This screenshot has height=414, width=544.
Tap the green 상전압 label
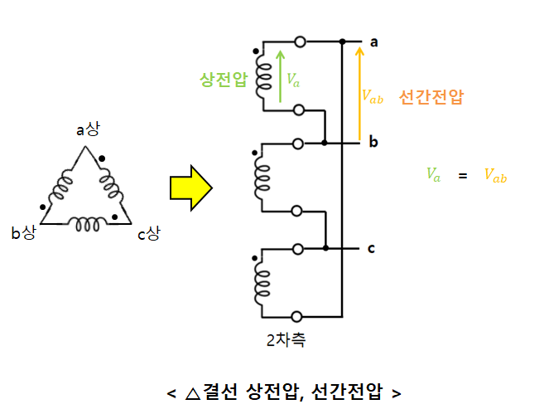(x=223, y=80)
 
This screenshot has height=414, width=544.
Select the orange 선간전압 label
(x=430, y=95)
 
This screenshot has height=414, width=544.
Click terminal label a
(x=374, y=41)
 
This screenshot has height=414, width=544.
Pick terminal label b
(x=373, y=143)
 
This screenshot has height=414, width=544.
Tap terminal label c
(x=373, y=247)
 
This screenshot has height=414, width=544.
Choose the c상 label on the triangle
(x=149, y=234)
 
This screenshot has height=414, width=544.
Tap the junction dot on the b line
(x=325, y=144)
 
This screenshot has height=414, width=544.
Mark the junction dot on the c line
(x=327, y=248)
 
